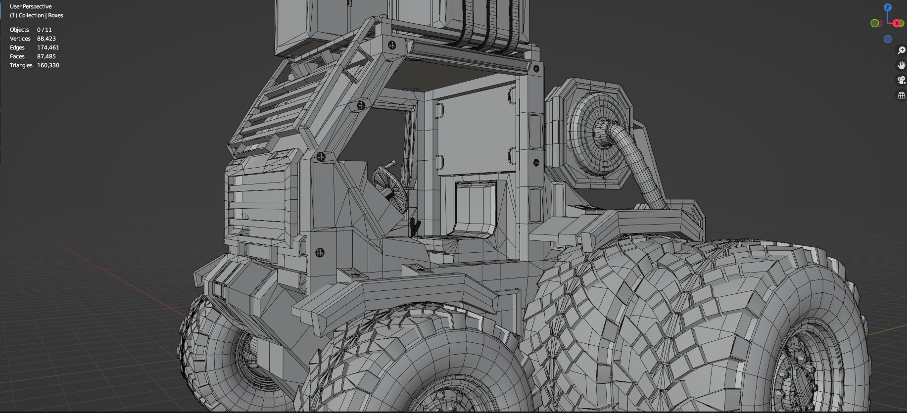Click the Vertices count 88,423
46,39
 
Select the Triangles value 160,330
48,65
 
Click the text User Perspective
31,6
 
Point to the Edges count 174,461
48,47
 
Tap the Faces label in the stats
17,56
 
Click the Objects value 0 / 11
44,30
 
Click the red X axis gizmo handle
897,23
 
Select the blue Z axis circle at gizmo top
888,7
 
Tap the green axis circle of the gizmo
875,23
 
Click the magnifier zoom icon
902,50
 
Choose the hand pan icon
902,65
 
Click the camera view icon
902,80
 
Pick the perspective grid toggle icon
902,95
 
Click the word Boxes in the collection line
55,15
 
